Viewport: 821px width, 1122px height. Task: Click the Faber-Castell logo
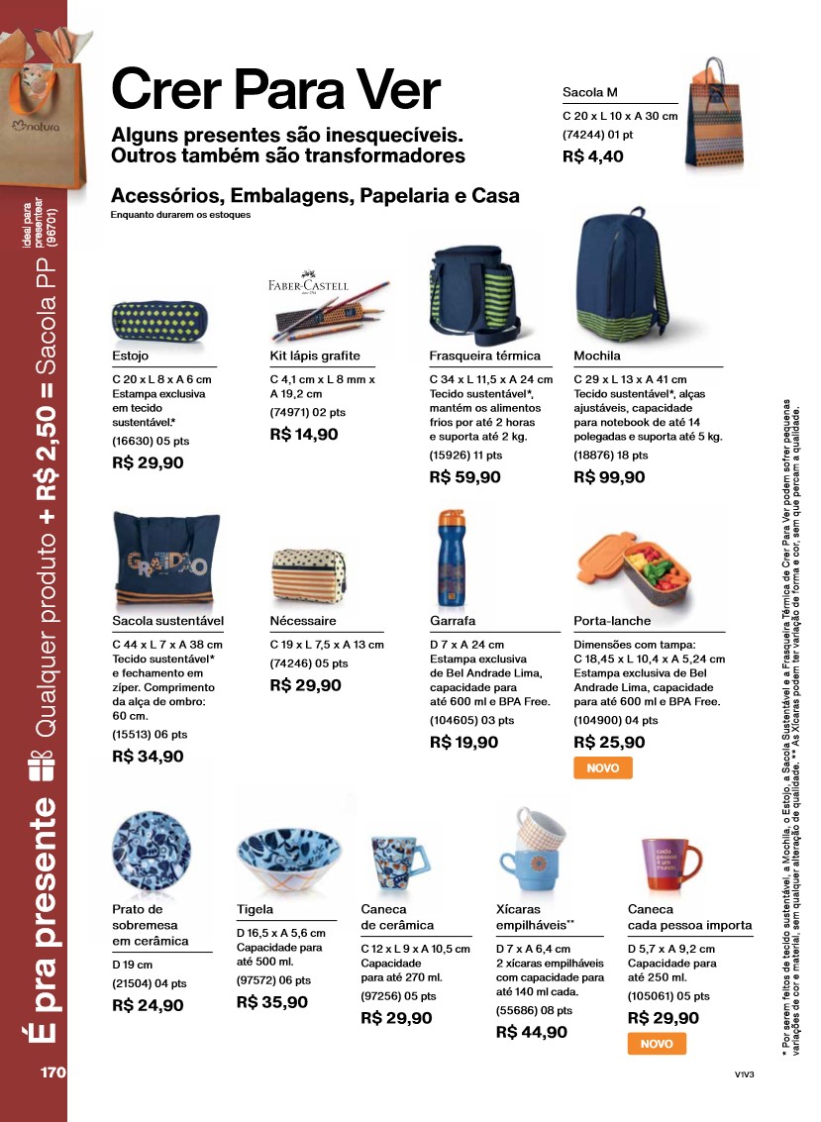308,285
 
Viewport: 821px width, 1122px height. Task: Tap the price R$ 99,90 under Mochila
609,477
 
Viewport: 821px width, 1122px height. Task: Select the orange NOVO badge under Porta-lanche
602,767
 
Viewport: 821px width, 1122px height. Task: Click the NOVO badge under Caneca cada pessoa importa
657,1044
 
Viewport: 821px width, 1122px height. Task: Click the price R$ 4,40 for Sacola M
593,155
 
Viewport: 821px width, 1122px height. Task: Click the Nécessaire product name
303,621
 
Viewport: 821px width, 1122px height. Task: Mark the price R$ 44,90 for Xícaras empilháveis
531,1032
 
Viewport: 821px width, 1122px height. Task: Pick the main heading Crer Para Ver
275,91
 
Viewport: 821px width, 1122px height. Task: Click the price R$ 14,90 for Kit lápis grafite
305,434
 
